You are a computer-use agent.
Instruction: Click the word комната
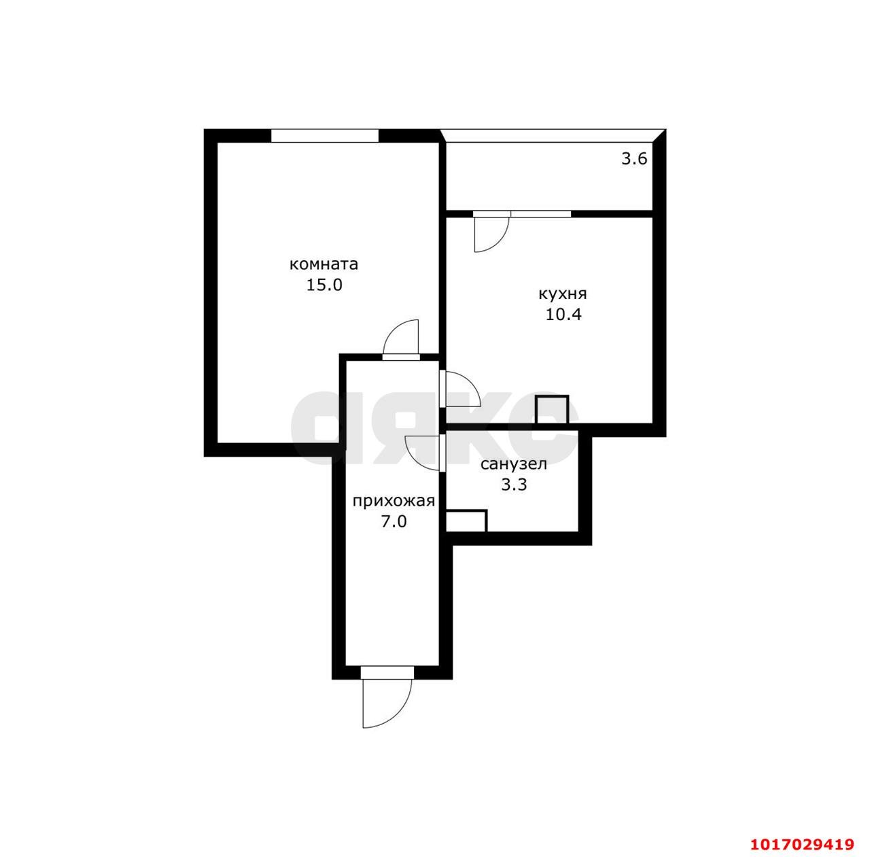click(x=324, y=264)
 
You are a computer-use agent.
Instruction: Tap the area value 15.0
click(x=324, y=285)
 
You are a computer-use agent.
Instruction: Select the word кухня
click(x=563, y=295)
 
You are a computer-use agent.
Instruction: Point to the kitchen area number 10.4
click(x=563, y=315)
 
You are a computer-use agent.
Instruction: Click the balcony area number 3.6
click(x=634, y=159)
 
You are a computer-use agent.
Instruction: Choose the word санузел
click(x=514, y=464)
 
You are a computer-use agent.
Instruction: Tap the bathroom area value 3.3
click(x=515, y=485)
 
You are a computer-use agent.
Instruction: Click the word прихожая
click(x=394, y=501)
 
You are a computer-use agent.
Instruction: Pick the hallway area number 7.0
click(x=394, y=522)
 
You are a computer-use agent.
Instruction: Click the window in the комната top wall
click(x=325, y=135)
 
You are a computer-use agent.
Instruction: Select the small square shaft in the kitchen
click(x=552, y=410)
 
